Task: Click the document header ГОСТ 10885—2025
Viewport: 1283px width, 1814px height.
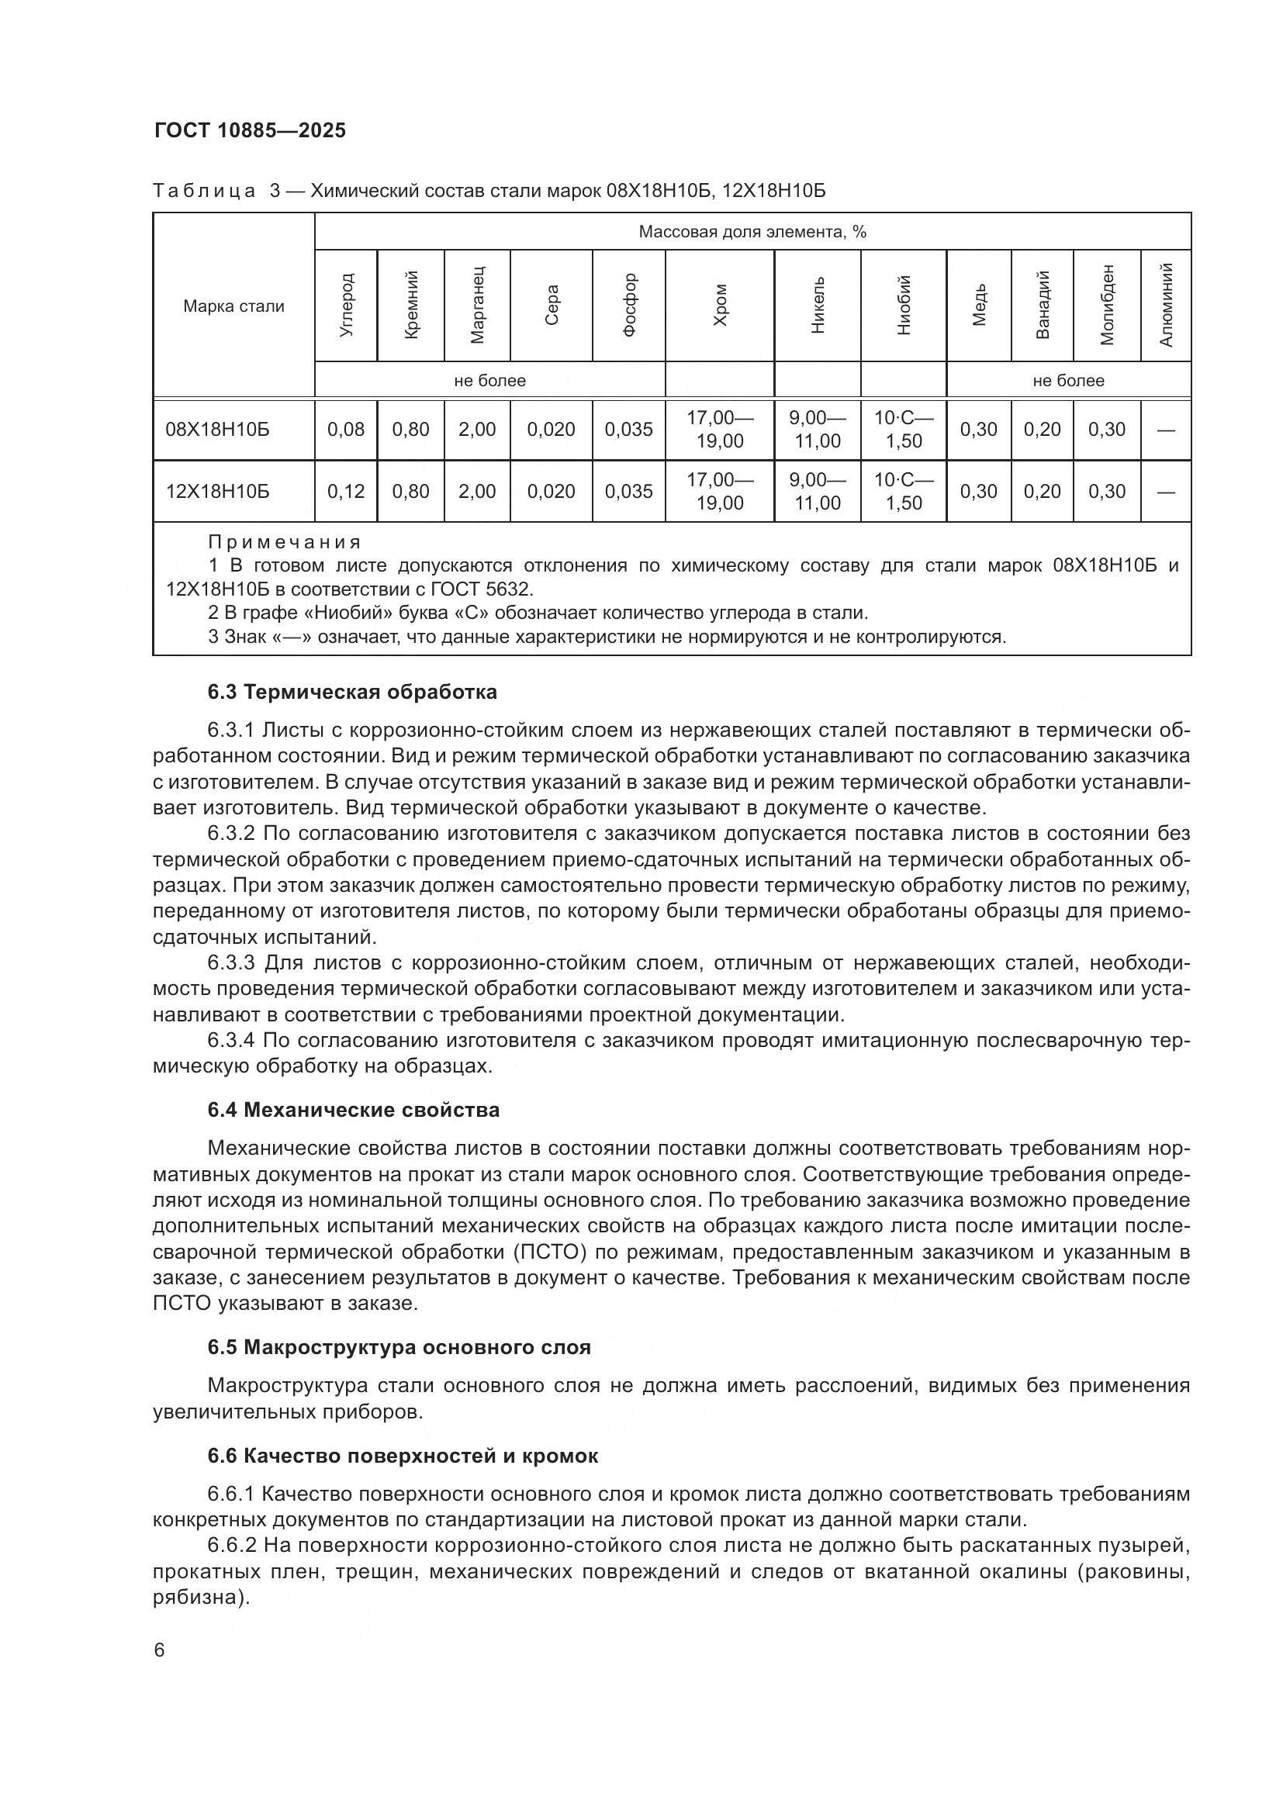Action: [250, 131]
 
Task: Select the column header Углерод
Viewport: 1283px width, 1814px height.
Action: [346, 306]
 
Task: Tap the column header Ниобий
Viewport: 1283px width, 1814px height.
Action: [904, 306]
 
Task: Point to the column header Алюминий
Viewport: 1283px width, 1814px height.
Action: [1166, 306]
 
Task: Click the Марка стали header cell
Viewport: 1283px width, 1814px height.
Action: [233, 306]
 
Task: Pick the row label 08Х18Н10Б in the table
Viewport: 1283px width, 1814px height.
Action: [217, 430]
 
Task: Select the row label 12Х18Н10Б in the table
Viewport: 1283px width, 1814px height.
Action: [217, 492]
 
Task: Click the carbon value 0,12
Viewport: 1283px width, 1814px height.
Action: [346, 492]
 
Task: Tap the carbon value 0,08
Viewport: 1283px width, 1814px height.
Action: [346, 430]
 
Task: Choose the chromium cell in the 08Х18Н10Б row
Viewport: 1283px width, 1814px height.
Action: [720, 430]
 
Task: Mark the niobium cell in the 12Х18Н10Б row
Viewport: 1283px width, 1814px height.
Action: [904, 492]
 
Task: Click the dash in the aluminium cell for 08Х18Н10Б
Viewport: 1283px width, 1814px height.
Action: [1166, 430]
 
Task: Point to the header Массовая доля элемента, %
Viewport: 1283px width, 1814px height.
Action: [752, 231]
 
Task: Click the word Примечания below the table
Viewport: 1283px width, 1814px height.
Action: [285, 542]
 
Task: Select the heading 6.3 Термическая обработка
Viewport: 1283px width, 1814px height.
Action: [352, 692]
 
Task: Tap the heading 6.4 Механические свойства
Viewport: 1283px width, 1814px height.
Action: [353, 1110]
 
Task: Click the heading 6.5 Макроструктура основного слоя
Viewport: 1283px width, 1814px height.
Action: [399, 1347]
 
